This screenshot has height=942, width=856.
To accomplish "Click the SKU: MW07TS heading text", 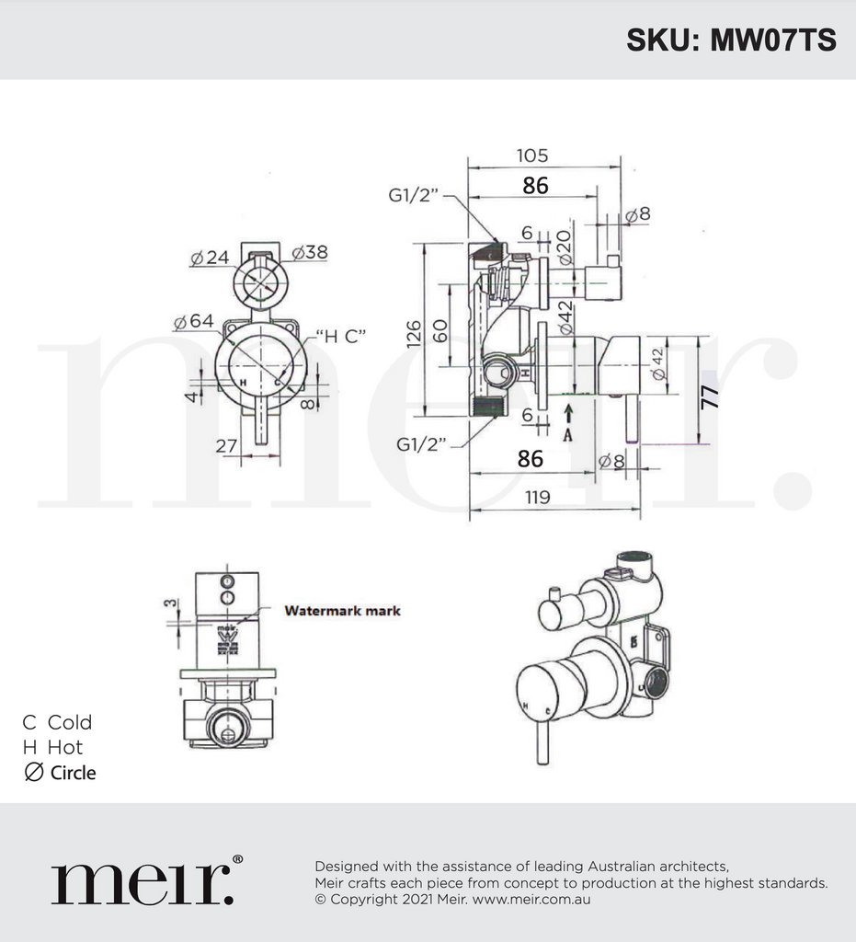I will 731,40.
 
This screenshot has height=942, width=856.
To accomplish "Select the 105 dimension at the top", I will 531,155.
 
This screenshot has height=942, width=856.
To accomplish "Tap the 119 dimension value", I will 538,497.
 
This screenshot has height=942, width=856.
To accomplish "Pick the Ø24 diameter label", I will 210,258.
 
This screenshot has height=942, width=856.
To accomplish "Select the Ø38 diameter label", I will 310,252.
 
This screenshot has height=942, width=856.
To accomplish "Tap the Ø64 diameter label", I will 193,321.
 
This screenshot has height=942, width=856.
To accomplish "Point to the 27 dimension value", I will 227,445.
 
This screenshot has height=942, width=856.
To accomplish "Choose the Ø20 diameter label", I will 564,246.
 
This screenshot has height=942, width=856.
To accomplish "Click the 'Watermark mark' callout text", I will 342,610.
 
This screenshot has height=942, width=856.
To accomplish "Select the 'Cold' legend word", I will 70,722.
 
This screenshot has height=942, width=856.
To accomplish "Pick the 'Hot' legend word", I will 65,747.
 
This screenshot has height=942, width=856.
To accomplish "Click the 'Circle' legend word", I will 73,773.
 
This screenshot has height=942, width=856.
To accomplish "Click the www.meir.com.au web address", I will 531,899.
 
